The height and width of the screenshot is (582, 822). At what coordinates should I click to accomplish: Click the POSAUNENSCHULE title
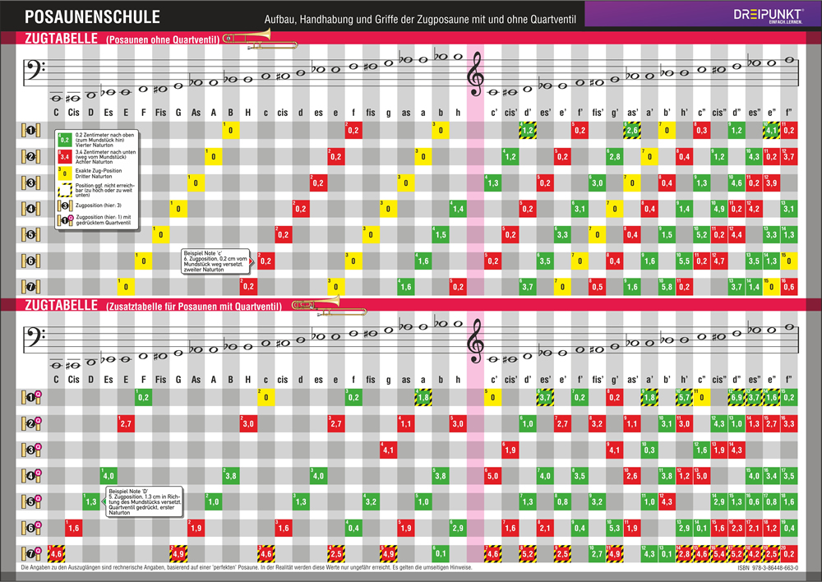tap(81, 16)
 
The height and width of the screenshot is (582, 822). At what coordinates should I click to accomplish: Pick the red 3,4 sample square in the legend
tap(63, 155)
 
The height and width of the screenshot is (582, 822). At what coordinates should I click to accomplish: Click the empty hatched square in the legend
tap(63, 189)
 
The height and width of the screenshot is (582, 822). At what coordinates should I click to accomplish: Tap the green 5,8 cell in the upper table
tap(666, 287)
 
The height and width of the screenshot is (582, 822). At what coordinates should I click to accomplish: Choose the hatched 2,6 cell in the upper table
tap(632, 130)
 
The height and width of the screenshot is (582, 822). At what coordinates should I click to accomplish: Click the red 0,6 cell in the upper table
tap(789, 287)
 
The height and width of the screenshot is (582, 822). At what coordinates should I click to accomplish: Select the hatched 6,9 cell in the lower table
tap(737, 399)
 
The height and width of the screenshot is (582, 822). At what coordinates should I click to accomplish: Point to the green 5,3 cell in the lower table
tap(613, 529)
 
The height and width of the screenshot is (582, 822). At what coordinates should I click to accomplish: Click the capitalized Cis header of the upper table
tap(74, 113)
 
